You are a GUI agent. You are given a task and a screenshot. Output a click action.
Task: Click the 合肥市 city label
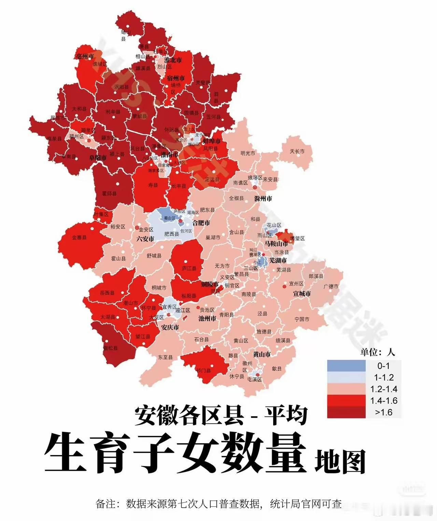(x=201, y=223)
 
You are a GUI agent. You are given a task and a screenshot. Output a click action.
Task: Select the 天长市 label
(x=297, y=151)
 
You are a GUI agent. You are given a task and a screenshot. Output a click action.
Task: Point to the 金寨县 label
(x=79, y=237)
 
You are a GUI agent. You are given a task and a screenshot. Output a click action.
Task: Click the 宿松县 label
(x=110, y=348)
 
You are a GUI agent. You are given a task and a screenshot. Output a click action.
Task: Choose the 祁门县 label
(x=204, y=370)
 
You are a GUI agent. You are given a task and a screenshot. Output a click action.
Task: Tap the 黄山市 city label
(x=262, y=354)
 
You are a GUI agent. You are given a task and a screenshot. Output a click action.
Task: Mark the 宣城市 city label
(x=302, y=294)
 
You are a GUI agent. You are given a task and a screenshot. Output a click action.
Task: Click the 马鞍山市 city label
(x=276, y=244)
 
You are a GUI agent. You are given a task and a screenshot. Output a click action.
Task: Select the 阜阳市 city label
(x=98, y=158)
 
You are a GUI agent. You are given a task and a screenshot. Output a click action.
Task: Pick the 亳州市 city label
(x=85, y=56)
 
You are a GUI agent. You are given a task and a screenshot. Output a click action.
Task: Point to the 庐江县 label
(x=189, y=269)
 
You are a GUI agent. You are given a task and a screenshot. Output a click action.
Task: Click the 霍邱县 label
(x=109, y=194)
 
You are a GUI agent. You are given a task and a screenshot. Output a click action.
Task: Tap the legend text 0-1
(x=383, y=366)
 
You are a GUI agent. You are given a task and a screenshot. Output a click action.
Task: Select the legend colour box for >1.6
(x=346, y=412)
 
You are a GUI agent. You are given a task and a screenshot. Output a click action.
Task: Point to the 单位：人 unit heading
(x=377, y=352)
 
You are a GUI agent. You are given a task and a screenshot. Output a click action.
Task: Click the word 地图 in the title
(x=340, y=461)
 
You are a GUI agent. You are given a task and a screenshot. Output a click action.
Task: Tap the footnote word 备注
(x=106, y=504)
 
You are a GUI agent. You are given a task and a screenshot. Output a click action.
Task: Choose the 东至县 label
(x=165, y=357)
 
